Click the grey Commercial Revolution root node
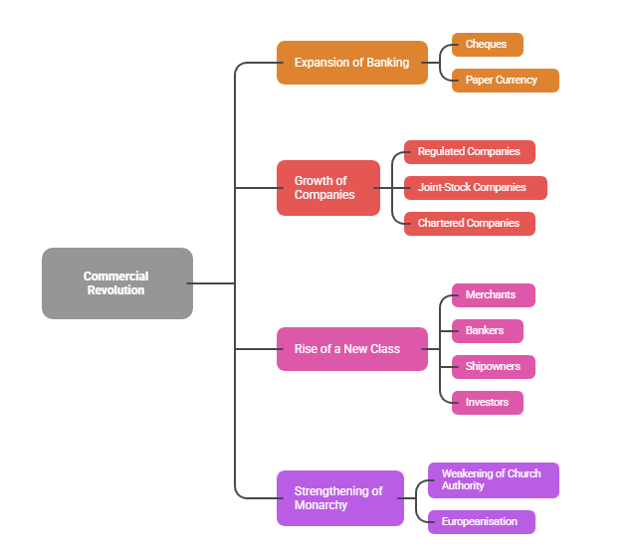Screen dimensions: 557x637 click(116, 283)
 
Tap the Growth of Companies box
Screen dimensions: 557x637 click(327, 188)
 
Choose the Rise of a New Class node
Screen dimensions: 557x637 click(351, 349)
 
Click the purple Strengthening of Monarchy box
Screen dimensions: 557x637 click(339, 498)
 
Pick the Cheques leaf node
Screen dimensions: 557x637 click(487, 45)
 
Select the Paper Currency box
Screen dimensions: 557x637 click(505, 81)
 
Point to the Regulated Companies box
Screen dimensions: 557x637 click(469, 152)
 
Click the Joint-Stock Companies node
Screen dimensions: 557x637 click(475, 188)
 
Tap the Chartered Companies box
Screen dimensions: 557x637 click(469, 224)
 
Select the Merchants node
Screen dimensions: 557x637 click(493, 295)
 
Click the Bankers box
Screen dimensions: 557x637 click(487, 331)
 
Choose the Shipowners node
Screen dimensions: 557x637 click(493, 367)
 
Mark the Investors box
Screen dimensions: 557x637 click(487, 403)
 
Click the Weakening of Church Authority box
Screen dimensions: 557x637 click(493, 480)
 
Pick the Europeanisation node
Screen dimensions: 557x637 click(481, 522)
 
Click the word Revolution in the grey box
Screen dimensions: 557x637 click(116, 290)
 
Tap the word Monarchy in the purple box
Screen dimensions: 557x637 click(320, 505)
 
